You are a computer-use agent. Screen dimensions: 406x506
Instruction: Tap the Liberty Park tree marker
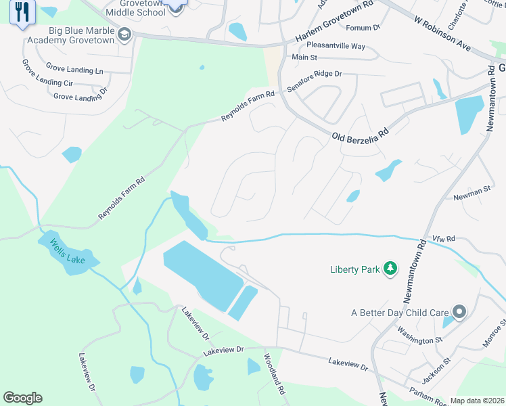pos(390,269)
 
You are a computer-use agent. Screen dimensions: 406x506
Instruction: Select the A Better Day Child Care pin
pos(460,312)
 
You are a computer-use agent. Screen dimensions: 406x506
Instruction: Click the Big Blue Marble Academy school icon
pos(124,35)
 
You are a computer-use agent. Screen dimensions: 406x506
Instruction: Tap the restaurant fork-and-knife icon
pos(22,12)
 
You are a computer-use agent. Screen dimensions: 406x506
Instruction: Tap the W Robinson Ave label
pos(442,34)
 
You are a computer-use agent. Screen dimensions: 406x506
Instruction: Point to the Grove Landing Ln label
pos(74,68)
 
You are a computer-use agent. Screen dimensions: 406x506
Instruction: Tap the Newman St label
pos(471,192)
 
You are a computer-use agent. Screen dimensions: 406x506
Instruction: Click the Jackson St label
pos(437,369)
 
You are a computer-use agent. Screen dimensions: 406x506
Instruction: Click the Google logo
pos(22,398)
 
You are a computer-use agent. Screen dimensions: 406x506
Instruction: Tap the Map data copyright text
pos(477,401)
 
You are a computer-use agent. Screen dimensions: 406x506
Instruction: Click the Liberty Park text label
pos(354,269)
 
